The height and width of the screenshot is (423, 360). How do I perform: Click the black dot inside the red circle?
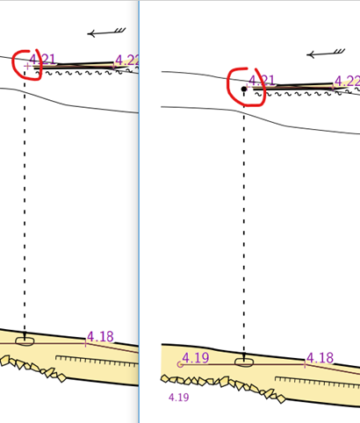pyautogui.click(x=244, y=89)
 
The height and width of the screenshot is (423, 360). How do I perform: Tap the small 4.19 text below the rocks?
pyautogui.click(x=179, y=398)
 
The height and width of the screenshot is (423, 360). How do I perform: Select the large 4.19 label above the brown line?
pyautogui.click(x=196, y=357)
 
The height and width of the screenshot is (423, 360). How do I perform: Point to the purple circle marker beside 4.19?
pyautogui.click(x=180, y=364)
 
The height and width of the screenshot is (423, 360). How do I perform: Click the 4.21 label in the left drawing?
pyautogui.click(x=42, y=60)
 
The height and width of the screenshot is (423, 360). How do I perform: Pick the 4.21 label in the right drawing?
pyautogui.click(x=262, y=80)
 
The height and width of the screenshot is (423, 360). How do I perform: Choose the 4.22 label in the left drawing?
pyautogui.click(x=126, y=61)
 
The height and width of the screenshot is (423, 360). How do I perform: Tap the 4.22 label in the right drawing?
pyautogui.click(x=347, y=81)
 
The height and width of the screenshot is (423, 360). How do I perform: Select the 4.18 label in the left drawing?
pyautogui.click(x=100, y=337)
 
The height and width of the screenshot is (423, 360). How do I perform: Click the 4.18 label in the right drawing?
pyautogui.click(x=320, y=357)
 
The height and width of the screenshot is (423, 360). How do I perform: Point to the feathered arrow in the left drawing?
pyautogui.click(x=106, y=32)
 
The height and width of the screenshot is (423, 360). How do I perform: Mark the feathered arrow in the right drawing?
pyautogui.click(x=326, y=54)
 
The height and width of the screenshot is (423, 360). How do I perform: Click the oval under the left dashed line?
pyautogui.click(x=25, y=341)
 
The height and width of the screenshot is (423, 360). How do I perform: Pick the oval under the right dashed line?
pyautogui.click(x=244, y=362)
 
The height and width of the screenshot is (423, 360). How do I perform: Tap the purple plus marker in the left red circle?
pyautogui.click(x=27, y=67)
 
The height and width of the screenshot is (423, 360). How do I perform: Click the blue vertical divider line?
pyautogui.click(x=139, y=211)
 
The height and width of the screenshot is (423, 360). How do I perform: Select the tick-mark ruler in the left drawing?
pyautogui.click(x=97, y=362)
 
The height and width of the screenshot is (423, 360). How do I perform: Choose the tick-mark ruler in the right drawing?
pyautogui.click(x=318, y=383)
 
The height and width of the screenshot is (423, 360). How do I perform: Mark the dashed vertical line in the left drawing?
pyautogui.click(x=25, y=203)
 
